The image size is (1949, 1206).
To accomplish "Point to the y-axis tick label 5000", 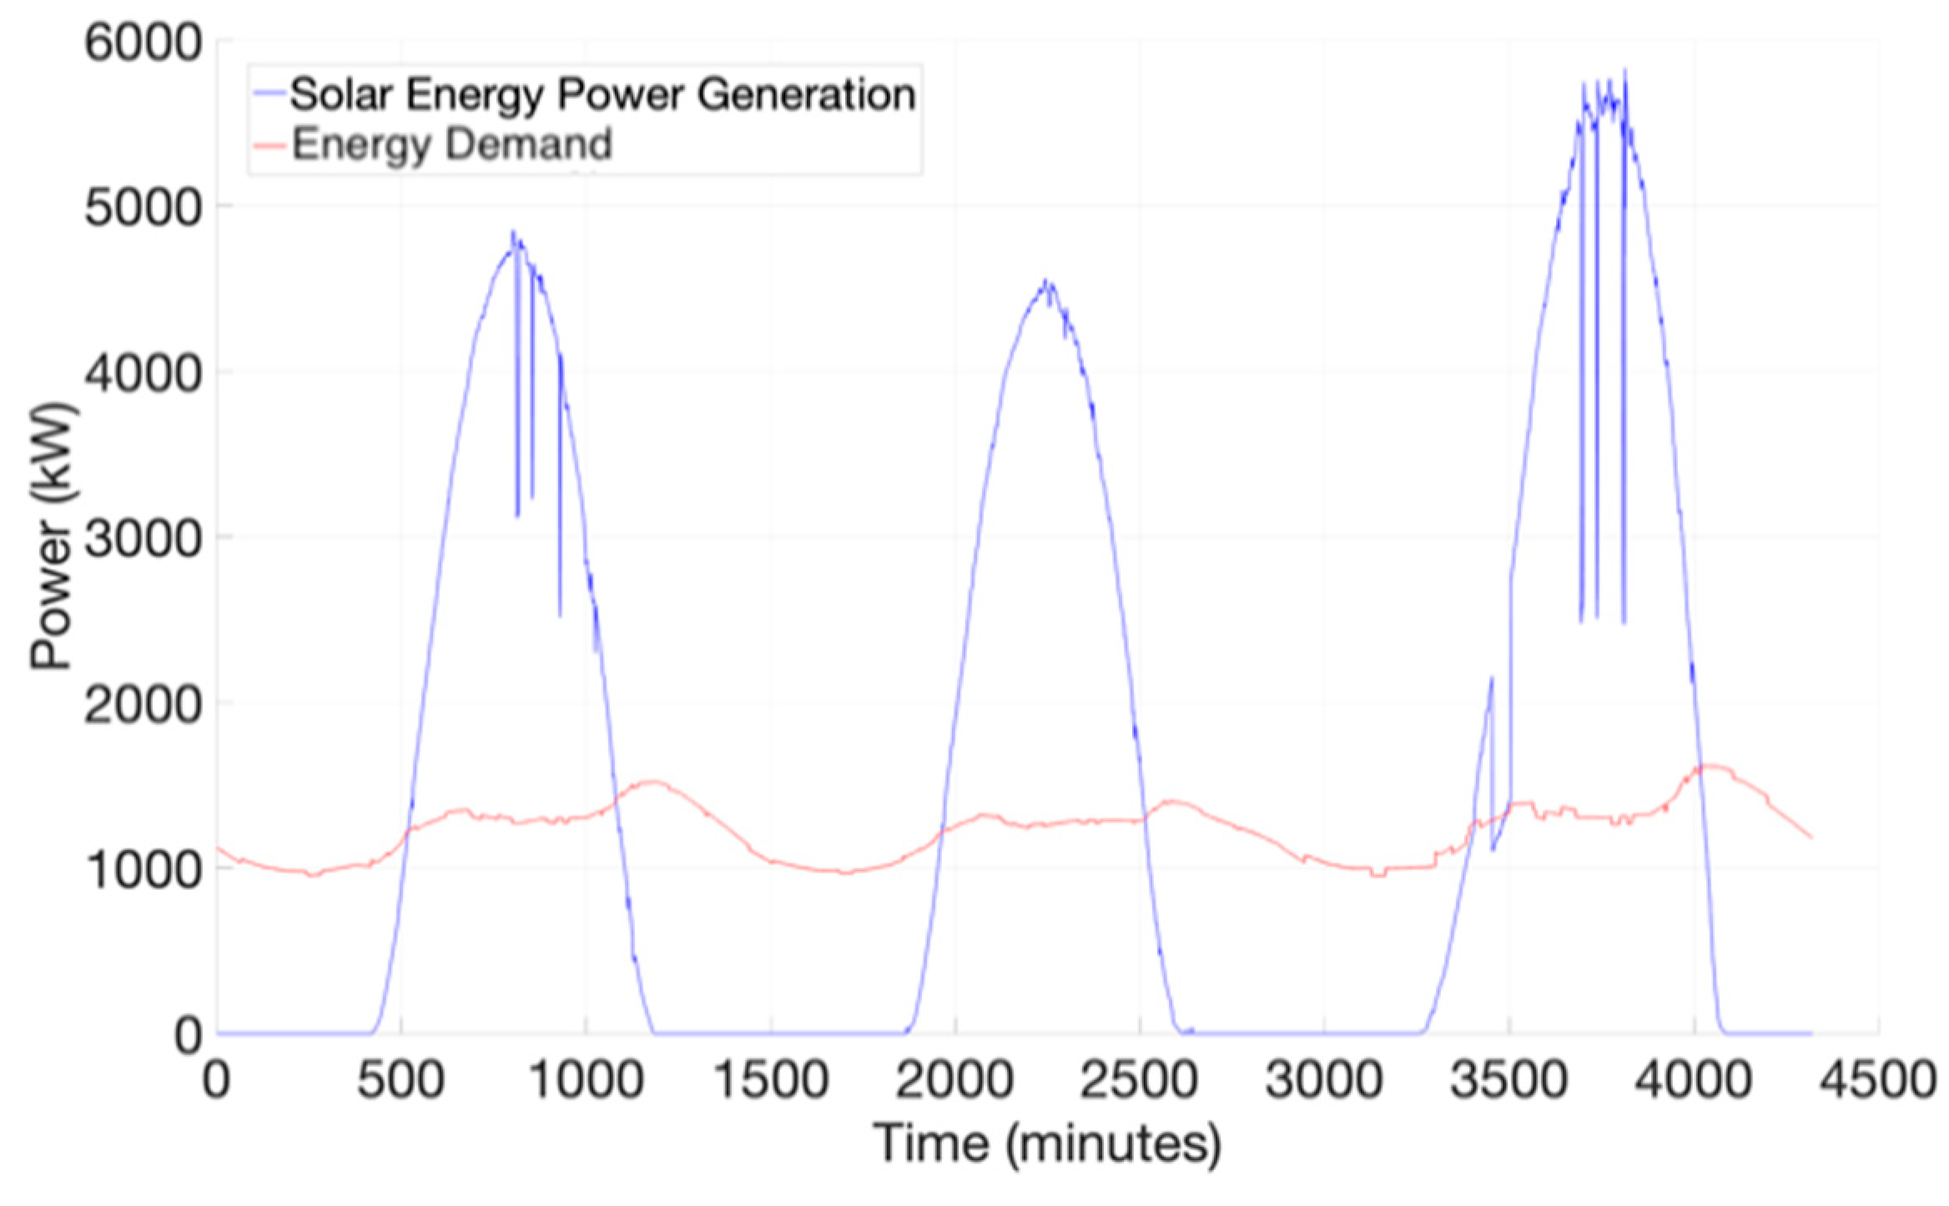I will (144, 207).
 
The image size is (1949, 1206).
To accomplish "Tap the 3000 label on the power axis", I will (144, 538).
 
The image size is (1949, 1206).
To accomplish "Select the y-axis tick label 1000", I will (144, 870).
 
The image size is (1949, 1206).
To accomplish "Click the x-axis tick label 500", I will (400, 1081).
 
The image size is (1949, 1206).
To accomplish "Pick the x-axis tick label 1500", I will (771, 1081).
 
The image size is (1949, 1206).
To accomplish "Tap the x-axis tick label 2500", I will (1140, 1081).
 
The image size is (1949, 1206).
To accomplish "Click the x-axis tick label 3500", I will (1508, 1081).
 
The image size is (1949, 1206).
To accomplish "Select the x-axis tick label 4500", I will (1877, 1081).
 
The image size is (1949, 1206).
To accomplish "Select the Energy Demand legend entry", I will (451, 144).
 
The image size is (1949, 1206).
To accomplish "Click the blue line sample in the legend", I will (269, 93).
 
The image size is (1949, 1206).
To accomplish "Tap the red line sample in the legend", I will (269, 145).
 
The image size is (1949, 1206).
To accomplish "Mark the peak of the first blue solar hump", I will (513, 233).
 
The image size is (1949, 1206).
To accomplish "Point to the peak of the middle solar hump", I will (1046, 282).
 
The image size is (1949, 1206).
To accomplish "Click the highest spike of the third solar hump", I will (1624, 70).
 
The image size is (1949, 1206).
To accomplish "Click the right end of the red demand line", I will (1811, 837).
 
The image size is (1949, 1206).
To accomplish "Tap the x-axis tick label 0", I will (216, 1081).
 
